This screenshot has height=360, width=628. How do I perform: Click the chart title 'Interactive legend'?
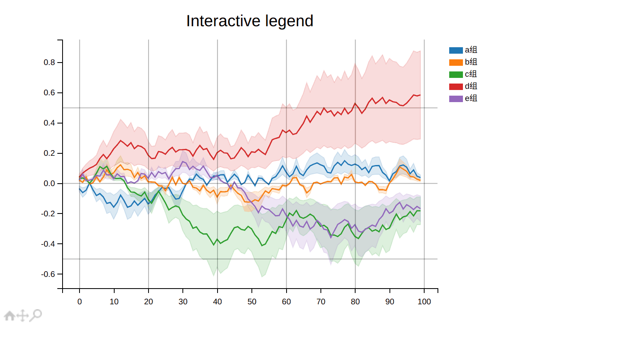click(x=249, y=21)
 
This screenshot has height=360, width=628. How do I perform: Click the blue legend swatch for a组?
click(x=456, y=50)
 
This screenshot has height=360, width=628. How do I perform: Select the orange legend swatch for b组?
click(x=456, y=63)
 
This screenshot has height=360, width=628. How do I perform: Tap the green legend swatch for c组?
click(x=456, y=75)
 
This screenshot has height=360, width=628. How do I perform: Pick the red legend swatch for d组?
click(x=456, y=87)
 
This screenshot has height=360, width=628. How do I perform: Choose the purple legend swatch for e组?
click(x=456, y=99)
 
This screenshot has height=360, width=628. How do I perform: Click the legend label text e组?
click(x=471, y=98)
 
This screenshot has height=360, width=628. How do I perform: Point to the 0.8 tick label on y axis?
click(x=49, y=63)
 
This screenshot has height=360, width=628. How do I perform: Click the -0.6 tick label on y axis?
click(x=48, y=274)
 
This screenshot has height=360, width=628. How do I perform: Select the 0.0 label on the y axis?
click(x=49, y=184)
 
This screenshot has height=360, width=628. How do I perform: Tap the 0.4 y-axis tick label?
click(x=49, y=123)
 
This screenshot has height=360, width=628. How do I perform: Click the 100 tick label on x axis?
click(x=424, y=302)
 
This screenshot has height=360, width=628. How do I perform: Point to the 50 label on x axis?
click(x=252, y=302)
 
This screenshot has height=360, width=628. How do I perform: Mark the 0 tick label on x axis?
click(x=80, y=302)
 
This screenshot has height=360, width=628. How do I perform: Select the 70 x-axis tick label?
click(x=321, y=302)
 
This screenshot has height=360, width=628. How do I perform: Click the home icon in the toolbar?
click(x=10, y=316)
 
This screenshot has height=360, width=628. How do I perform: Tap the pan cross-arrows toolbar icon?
click(x=23, y=316)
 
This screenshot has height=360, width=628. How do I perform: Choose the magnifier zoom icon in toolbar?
click(x=36, y=315)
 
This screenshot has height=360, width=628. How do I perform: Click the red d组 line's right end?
click(x=420, y=95)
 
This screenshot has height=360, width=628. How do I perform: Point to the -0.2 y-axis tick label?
click(x=48, y=214)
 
